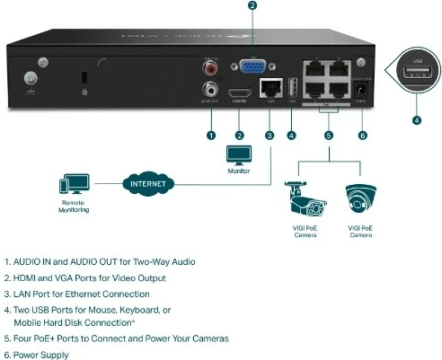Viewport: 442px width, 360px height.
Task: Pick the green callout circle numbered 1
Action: coord(211,136)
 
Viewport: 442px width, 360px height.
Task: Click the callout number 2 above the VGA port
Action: coord(252,6)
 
